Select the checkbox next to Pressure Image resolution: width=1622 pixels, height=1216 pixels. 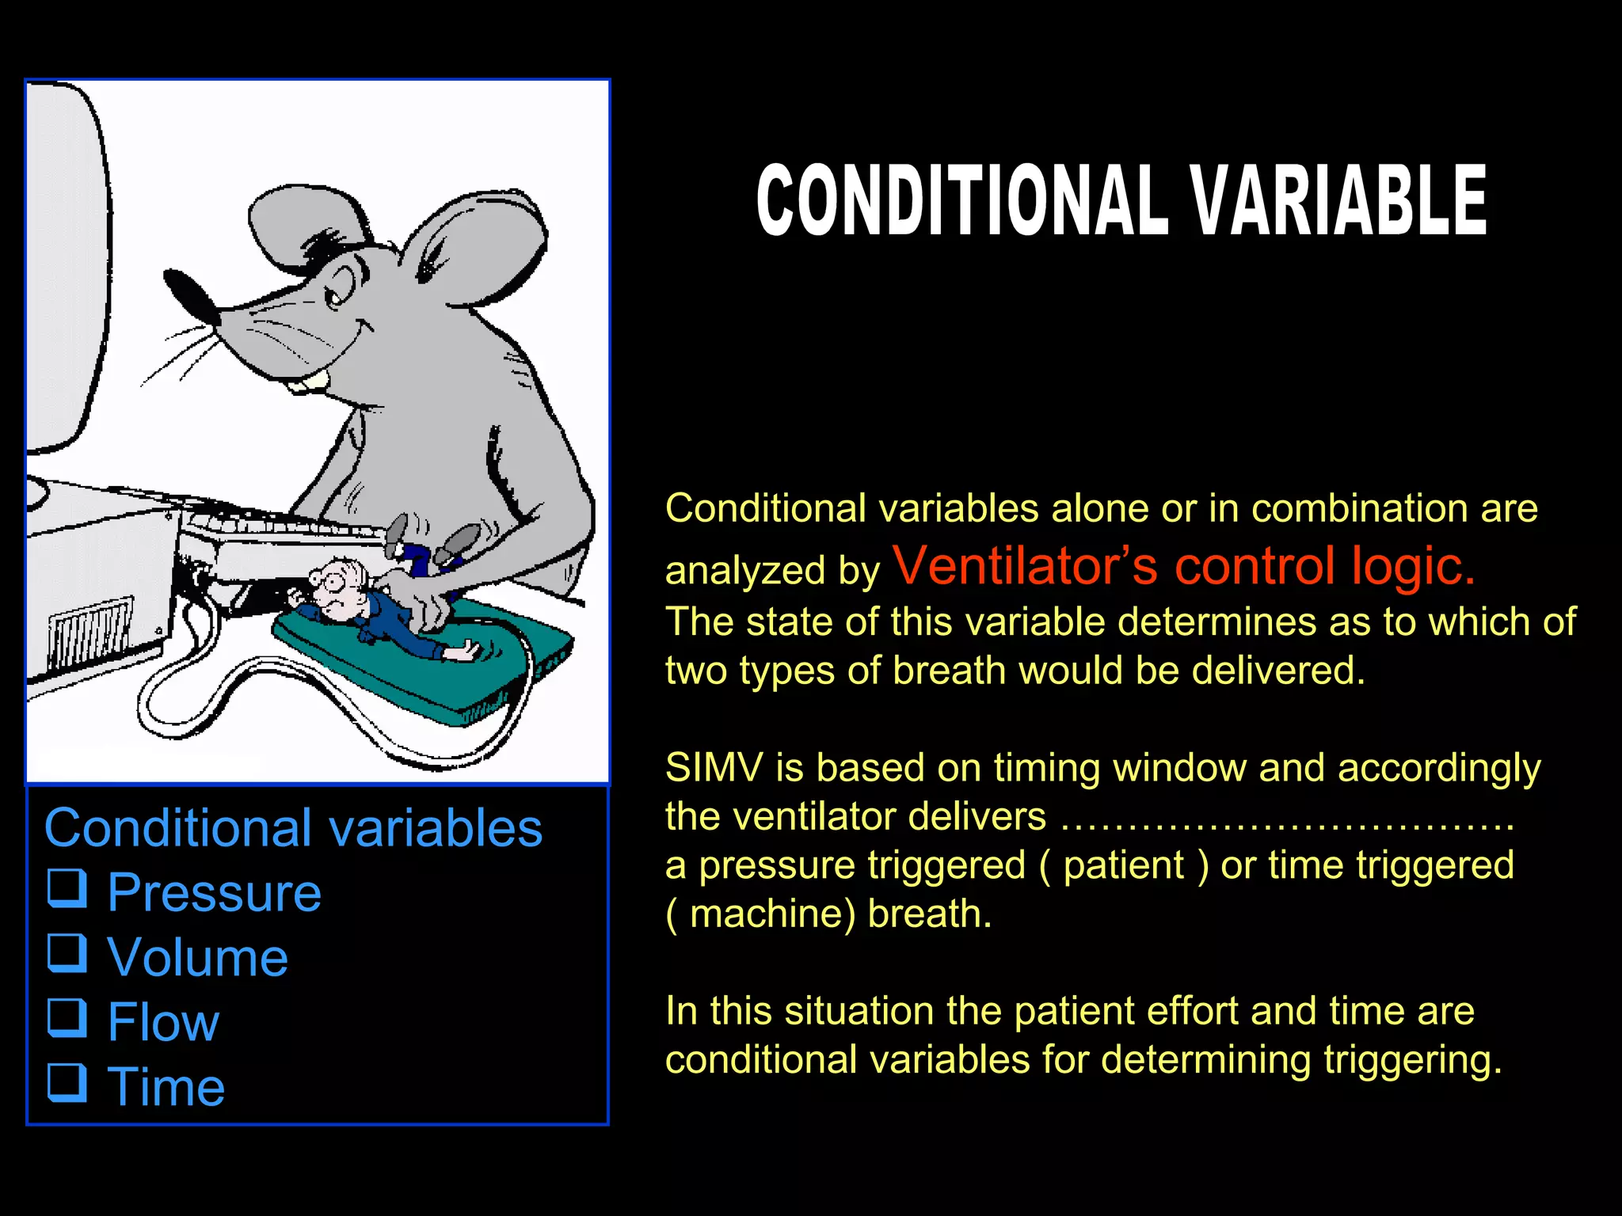(67, 887)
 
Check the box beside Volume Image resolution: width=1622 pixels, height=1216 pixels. (67, 952)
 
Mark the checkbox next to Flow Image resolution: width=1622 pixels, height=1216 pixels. (67, 1017)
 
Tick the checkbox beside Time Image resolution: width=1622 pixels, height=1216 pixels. (67, 1082)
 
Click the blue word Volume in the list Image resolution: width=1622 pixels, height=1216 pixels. (197, 957)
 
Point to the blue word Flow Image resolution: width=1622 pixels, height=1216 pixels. (163, 1022)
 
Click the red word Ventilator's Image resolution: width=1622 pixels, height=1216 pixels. (1026, 566)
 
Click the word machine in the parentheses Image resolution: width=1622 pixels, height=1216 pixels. (773, 914)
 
